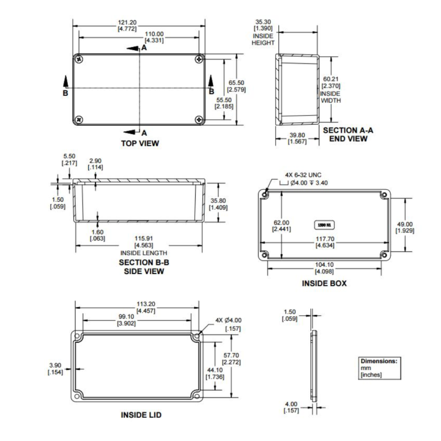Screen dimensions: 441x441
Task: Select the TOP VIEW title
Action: [139, 143]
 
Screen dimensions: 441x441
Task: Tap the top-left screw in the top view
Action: [80, 58]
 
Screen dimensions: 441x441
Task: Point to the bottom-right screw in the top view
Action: [198, 119]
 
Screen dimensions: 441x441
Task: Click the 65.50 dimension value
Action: [236, 83]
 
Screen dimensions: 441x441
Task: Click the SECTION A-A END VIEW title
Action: [348, 135]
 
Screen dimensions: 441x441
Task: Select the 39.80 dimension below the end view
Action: [297, 136]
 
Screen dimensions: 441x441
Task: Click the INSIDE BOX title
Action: [324, 283]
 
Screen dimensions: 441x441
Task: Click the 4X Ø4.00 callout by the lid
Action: [230, 320]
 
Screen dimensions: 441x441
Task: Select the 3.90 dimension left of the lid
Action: [56, 365]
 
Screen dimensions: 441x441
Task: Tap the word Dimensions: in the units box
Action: [379, 361]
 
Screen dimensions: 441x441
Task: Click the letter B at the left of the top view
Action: [65, 93]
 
